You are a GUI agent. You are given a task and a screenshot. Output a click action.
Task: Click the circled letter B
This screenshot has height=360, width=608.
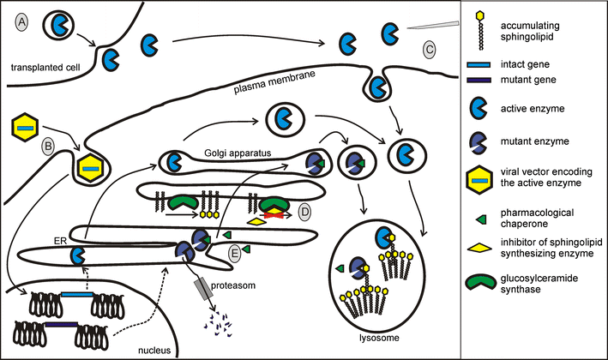point(49,146)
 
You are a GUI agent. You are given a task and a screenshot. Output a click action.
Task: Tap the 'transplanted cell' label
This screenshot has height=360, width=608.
point(42,67)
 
